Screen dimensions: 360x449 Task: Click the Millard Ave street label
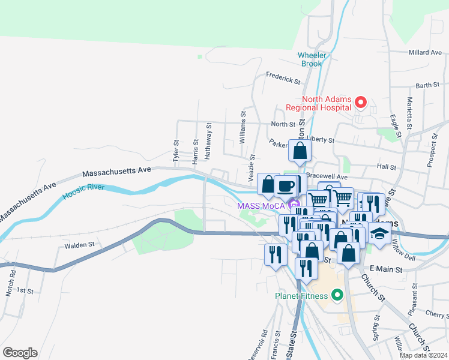(424, 53)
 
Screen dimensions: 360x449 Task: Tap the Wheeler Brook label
(312, 59)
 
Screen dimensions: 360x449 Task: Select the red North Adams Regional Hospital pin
(361, 102)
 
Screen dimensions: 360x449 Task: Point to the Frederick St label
(283, 79)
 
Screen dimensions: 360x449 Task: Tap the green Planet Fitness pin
(337, 295)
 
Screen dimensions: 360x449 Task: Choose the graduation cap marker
(379, 233)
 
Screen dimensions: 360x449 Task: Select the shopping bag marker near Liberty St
(300, 151)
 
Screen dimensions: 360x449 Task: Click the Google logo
(20, 353)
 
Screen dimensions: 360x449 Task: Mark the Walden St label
(79, 245)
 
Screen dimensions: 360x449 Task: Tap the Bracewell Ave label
(327, 177)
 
